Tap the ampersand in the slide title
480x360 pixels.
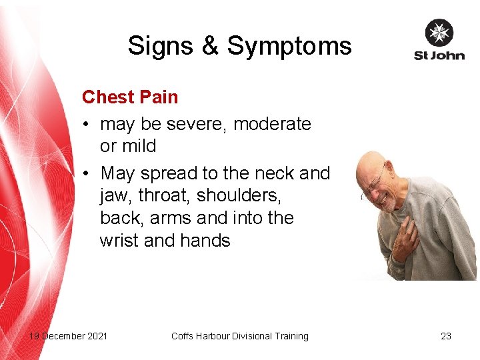(x=209, y=46)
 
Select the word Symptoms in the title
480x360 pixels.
(x=289, y=47)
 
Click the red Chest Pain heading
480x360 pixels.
(x=130, y=97)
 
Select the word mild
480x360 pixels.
(x=138, y=146)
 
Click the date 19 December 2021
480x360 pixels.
(x=68, y=336)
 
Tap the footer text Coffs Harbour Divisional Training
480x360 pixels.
(x=240, y=336)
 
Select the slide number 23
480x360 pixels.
(x=446, y=336)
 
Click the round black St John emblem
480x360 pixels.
(x=439, y=33)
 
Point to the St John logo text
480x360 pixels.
(x=439, y=55)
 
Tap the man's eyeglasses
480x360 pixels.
(x=375, y=181)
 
